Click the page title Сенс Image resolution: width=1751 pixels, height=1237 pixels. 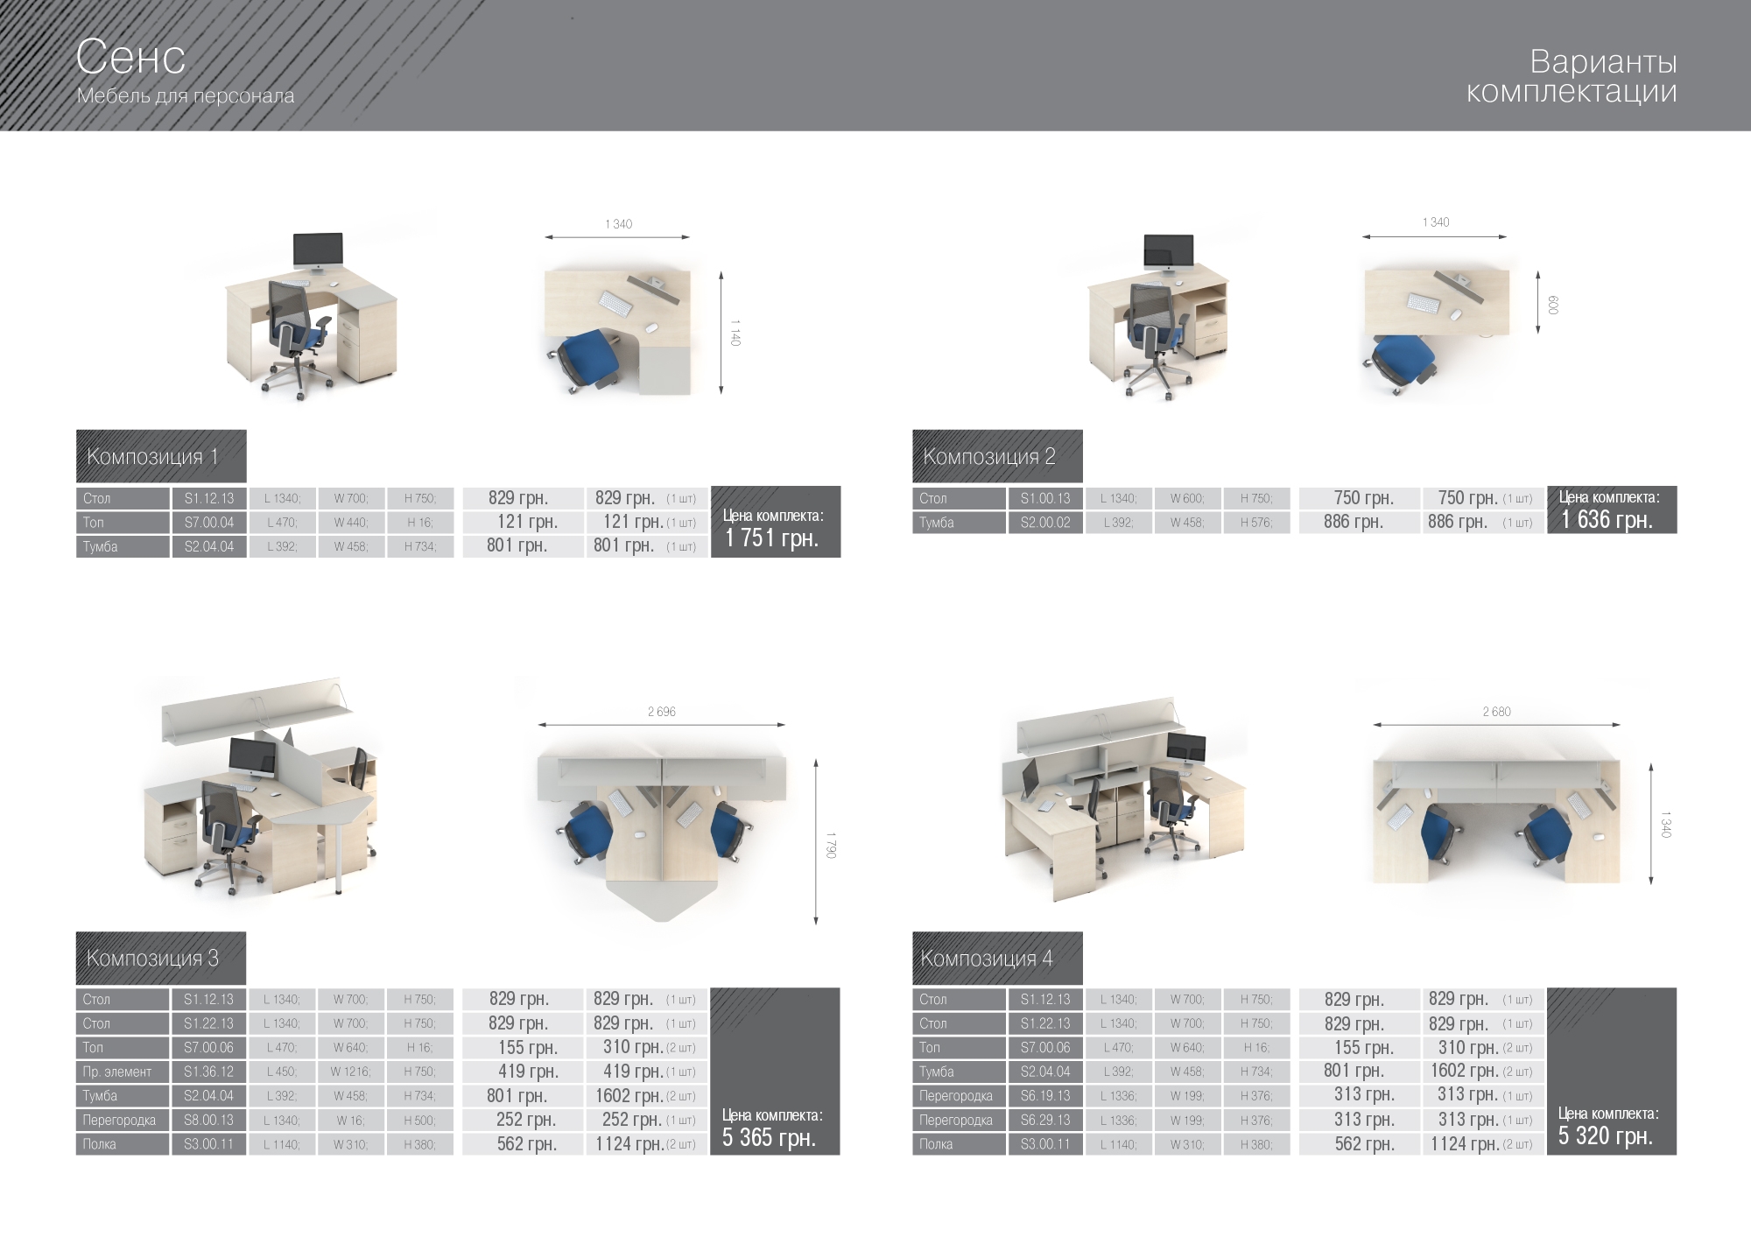(x=130, y=58)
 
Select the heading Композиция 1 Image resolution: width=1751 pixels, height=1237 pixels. (x=152, y=457)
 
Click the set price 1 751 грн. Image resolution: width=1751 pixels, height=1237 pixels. (x=772, y=538)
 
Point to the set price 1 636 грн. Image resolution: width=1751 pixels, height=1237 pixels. (x=1607, y=520)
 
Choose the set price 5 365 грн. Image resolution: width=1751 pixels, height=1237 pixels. (x=769, y=1138)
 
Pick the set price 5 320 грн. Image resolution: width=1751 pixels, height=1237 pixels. (x=1606, y=1136)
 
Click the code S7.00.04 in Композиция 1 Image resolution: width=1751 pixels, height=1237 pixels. (x=209, y=523)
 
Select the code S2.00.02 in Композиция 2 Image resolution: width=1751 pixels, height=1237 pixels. (x=1045, y=523)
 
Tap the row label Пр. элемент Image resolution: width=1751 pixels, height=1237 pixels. (x=117, y=1072)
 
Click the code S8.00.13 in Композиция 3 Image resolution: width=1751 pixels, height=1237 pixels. (x=208, y=1120)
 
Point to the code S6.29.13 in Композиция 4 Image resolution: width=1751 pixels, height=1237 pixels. (x=1045, y=1120)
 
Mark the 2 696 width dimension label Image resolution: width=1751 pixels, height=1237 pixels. (x=662, y=712)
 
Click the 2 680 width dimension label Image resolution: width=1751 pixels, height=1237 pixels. (x=1496, y=712)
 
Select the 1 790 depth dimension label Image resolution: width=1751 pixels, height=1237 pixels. (x=831, y=845)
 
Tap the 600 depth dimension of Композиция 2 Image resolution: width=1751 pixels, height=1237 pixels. (x=1552, y=305)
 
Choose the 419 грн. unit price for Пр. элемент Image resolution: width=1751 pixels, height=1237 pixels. (x=528, y=1072)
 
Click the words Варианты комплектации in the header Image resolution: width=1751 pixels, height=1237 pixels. (x=1572, y=76)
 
